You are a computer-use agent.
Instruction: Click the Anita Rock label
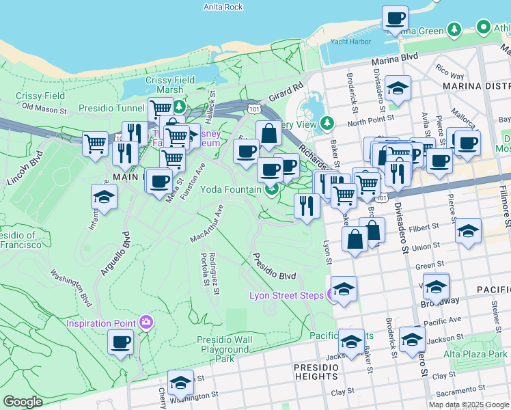tap(223, 7)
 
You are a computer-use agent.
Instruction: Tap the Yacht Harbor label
tap(350, 42)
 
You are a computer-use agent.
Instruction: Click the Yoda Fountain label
tap(232, 189)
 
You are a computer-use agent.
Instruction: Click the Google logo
tap(23, 402)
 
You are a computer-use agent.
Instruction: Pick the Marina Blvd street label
tap(393, 61)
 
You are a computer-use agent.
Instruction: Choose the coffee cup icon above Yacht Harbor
tap(394, 18)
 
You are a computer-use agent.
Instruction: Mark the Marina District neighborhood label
tap(476, 86)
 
